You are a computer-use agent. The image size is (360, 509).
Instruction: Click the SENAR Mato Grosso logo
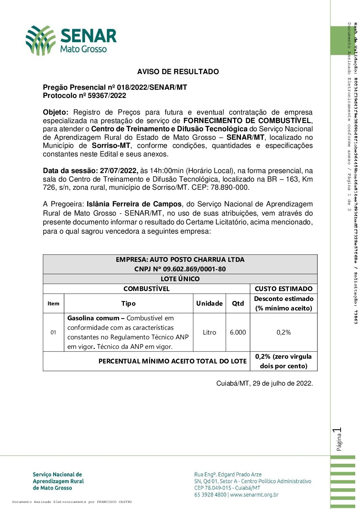click(71, 40)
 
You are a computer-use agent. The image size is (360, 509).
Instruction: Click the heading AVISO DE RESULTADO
click(178, 72)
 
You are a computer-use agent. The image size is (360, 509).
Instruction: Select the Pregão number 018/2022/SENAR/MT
click(152, 87)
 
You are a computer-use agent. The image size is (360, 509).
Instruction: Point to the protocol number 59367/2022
click(107, 96)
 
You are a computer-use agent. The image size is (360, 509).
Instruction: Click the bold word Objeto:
click(55, 112)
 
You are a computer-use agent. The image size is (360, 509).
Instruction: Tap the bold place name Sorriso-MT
click(111, 146)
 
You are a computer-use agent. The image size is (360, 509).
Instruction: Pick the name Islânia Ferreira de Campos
click(134, 204)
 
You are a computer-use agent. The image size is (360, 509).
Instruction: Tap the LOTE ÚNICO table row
click(180, 279)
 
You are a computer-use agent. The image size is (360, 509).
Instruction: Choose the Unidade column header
click(209, 303)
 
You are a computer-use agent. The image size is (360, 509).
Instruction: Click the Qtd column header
click(238, 303)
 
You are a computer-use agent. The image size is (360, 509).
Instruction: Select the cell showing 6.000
click(238, 332)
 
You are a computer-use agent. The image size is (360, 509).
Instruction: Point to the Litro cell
click(209, 332)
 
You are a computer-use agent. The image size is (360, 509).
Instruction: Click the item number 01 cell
click(53, 332)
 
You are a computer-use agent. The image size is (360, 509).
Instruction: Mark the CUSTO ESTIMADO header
click(283, 289)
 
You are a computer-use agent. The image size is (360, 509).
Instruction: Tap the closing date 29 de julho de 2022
click(282, 383)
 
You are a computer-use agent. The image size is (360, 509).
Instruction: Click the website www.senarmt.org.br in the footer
click(254, 495)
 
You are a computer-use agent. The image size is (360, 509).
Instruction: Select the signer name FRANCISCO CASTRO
click(114, 502)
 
